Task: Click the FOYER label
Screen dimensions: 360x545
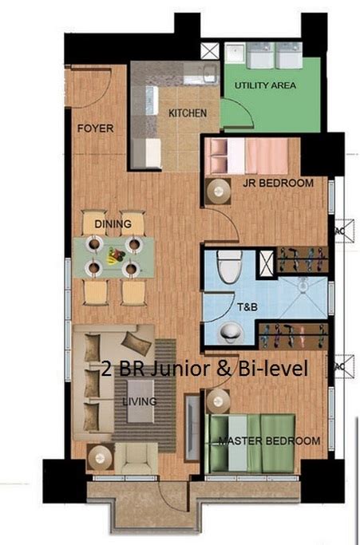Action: (95, 128)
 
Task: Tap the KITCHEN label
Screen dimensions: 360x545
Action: (188, 113)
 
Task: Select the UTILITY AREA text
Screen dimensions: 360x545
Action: (265, 85)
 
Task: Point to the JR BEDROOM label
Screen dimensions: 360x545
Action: (278, 183)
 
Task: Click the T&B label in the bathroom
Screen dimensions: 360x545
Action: (247, 307)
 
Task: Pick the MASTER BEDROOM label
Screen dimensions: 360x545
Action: (269, 440)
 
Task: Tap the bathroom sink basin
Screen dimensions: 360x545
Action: (230, 333)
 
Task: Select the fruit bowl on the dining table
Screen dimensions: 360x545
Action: (115, 255)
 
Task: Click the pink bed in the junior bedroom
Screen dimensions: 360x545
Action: (247, 156)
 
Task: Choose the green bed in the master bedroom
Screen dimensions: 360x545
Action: (250, 443)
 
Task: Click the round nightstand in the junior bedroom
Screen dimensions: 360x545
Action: (218, 192)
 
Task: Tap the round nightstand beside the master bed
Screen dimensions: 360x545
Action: (218, 401)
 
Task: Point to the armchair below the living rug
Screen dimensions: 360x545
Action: (136, 458)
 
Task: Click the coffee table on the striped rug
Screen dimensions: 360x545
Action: (140, 401)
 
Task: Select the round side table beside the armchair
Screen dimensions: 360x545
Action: (100, 457)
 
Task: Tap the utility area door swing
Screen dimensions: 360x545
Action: (238, 113)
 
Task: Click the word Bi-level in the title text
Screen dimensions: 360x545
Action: (273, 369)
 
